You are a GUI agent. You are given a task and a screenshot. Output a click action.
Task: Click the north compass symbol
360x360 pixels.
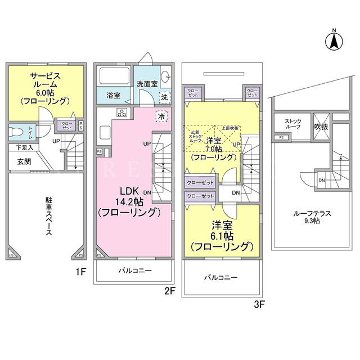pyautogui.click(x=334, y=40)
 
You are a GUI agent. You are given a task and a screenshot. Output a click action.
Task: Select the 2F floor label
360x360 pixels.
pyautogui.click(x=170, y=290)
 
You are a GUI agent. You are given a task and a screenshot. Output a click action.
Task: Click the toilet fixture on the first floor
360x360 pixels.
pyautogui.click(x=16, y=132)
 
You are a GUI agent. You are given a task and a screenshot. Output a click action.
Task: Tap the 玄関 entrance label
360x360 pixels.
pyautogui.click(x=24, y=161)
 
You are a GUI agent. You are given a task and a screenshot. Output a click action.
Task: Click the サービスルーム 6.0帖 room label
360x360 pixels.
pyautogui.click(x=45, y=88)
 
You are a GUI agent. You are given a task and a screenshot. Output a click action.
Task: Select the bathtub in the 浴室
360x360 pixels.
pyautogui.click(x=114, y=76)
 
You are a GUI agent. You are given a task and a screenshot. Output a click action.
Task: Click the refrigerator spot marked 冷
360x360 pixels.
pyautogui.click(x=161, y=116)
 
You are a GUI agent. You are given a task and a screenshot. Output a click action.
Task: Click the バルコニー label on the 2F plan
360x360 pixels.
pyautogui.click(x=134, y=271)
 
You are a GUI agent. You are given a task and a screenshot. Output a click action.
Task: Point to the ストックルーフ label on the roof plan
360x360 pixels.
pyautogui.click(x=292, y=124)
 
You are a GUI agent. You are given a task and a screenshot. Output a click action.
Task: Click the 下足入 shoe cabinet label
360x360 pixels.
pyautogui.click(x=24, y=147)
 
